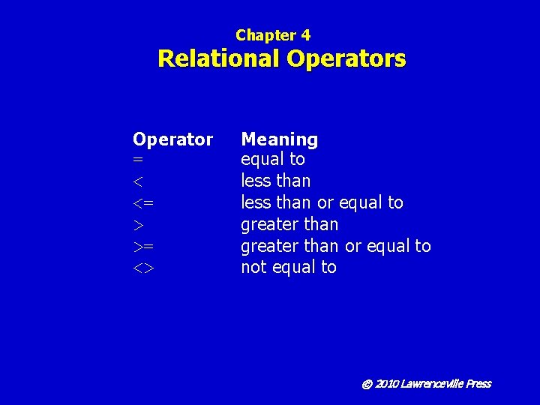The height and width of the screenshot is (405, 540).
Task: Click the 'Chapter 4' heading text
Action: [x=273, y=35]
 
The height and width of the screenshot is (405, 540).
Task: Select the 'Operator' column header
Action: [x=172, y=139]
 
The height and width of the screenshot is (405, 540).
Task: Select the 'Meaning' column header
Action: [x=279, y=139]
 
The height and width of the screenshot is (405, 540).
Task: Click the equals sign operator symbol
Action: [x=138, y=160]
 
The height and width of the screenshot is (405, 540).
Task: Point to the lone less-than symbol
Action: [x=137, y=181]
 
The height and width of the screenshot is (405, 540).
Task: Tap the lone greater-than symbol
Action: [x=138, y=225]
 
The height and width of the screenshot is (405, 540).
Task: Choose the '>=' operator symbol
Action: [x=143, y=247]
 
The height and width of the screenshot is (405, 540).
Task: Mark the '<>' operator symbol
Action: [x=143, y=268]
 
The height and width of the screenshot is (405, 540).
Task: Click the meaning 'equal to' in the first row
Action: [x=273, y=160]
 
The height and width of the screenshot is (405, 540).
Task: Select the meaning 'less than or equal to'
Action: [x=322, y=203]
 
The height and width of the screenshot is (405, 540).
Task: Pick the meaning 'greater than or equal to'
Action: [x=335, y=246]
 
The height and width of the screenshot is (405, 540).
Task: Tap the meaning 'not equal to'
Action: [x=289, y=268]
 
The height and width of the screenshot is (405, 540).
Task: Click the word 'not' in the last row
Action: [x=252, y=268]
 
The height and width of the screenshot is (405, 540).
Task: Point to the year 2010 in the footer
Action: [x=386, y=384]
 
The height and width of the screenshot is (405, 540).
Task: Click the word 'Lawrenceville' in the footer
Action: [x=431, y=384]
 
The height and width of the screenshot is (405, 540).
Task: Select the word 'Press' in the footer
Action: [x=478, y=384]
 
